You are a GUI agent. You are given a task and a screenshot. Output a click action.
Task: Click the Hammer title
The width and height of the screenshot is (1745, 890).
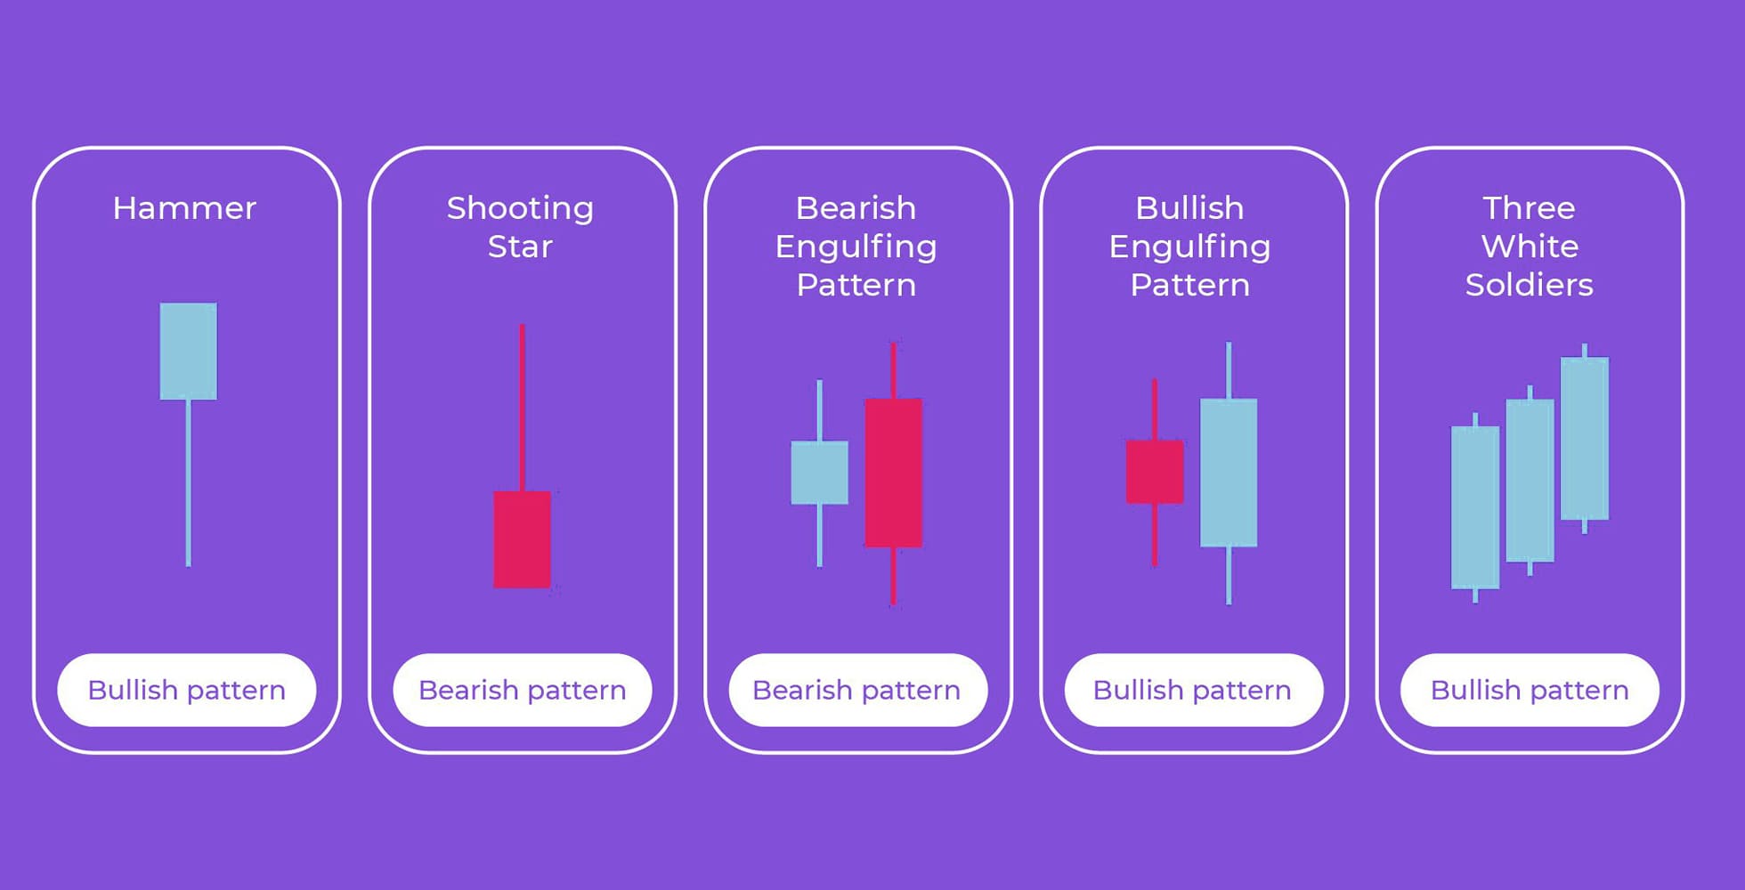184,208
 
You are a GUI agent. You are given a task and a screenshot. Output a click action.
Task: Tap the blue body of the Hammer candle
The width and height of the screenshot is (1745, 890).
188,351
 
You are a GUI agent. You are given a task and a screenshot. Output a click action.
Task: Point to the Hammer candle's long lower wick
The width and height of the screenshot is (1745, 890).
188,482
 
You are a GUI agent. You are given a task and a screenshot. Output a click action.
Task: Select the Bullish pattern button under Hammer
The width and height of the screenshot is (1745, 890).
187,690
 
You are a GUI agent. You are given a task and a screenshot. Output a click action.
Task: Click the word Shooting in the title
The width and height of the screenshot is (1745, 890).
520,209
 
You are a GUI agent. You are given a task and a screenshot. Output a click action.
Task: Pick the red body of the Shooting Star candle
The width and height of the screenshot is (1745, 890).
523,539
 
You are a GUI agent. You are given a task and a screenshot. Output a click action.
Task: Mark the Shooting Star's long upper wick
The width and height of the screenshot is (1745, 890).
522,408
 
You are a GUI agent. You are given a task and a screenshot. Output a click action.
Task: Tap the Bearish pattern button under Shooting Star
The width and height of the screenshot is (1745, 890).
523,690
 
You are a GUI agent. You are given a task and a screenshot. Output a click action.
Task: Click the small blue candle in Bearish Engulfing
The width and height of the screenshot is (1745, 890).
819,473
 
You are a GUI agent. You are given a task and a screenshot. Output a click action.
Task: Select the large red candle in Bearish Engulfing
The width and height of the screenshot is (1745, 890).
893,473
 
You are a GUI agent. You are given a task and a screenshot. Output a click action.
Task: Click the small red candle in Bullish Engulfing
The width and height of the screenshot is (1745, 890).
1155,472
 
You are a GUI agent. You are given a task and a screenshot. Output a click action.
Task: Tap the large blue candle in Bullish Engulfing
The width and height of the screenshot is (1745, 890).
1229,473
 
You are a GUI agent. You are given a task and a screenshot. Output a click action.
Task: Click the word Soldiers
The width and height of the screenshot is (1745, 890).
1529,285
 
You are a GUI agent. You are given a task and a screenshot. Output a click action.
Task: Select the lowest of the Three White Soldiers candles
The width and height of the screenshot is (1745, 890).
1475,507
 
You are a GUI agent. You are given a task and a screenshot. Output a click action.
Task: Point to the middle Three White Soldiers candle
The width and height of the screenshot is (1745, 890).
1530,481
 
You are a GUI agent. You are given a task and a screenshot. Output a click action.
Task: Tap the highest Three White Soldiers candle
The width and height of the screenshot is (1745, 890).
1585,438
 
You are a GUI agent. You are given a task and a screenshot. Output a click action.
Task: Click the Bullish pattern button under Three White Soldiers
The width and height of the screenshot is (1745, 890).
1530,690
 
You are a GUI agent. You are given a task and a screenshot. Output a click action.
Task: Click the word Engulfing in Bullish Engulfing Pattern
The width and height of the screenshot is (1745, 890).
1189,247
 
